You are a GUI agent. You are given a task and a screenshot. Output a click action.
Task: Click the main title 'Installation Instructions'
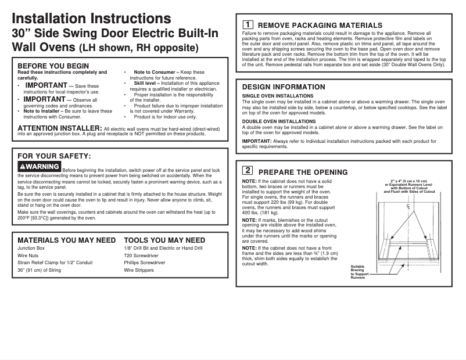click(x=92, y=19)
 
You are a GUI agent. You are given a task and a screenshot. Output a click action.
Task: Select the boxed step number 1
click(x=247, y=25)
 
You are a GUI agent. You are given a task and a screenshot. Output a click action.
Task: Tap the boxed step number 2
click(x=247, y=171)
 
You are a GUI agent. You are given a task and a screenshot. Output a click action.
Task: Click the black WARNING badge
click(x=39, y=167)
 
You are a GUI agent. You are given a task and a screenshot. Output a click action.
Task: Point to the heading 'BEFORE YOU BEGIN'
click(x=53, y=66)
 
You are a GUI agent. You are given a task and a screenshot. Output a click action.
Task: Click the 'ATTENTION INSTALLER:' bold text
click(x=60, y=128)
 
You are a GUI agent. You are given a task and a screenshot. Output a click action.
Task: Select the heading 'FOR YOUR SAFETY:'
click(x=54, y=156)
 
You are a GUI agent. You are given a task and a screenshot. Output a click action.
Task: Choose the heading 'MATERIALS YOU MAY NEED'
click(x=66, y=240)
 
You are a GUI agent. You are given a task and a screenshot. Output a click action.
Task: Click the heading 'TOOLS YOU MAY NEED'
click(x=164, y=240)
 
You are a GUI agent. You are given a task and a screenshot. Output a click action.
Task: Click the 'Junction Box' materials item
click(x=31, y=248)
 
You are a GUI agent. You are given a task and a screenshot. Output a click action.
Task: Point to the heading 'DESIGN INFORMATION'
click(x=284, y=87)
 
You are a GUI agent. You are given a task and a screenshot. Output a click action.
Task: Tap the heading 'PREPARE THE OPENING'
click(x=303, y=172)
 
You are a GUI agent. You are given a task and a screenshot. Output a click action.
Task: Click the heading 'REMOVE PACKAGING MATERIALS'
click(x=320, y=26)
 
